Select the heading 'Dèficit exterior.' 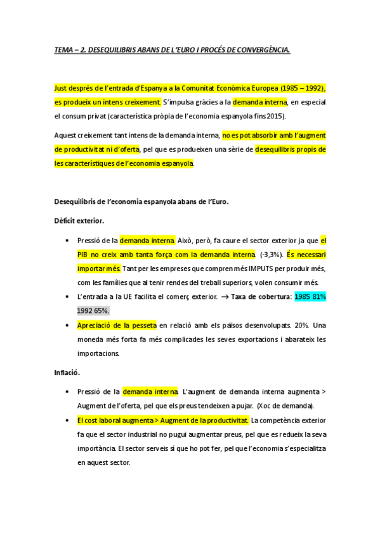click(x=79, y=221)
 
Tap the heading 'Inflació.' click(x=69, y=372)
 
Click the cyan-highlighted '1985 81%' click(x=310, y=296)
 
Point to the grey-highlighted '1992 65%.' click(x=93, y=310)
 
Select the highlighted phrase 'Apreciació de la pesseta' click(x=116, y=325)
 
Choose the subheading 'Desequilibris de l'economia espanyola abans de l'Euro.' click(x=141, y=202)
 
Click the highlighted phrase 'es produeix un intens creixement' click(x=108, y=103)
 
